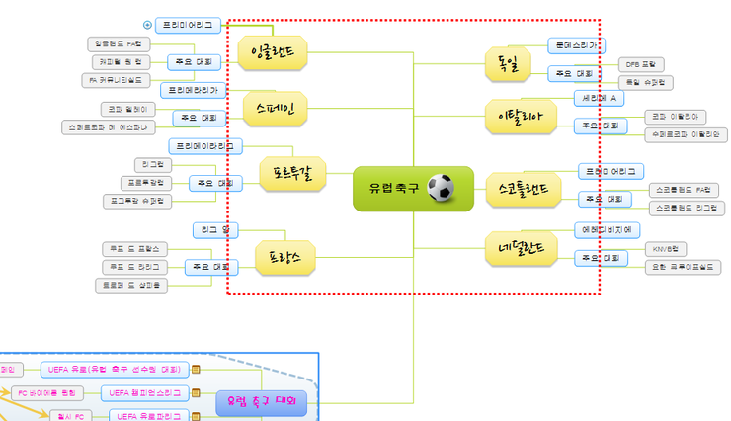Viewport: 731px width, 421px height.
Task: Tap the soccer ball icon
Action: (442, 188)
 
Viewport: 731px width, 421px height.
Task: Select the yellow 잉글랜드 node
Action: (273, 51)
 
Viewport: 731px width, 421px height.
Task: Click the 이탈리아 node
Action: (515, 118)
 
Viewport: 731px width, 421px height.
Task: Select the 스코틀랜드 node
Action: (524, 187)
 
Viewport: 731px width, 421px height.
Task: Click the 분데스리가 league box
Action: (577, 45)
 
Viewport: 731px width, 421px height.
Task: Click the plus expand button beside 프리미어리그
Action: (147, 25)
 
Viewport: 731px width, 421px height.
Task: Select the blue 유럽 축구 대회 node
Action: (262, 402)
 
